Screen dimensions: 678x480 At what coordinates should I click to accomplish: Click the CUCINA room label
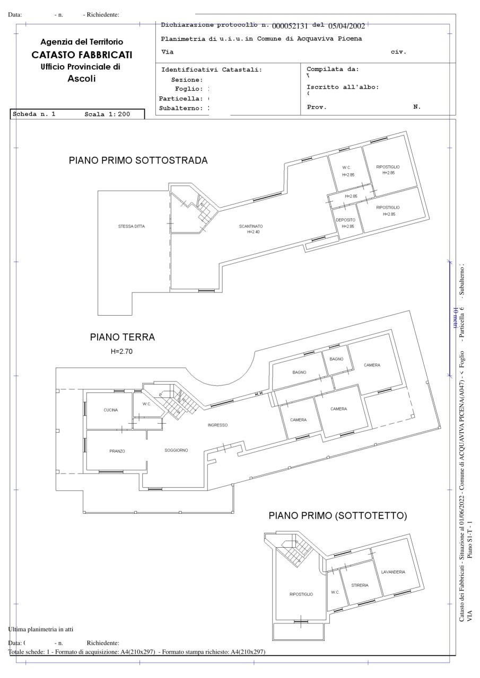111,410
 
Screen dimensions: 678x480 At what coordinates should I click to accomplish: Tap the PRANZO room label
117,451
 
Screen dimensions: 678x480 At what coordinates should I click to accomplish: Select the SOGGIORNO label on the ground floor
176,450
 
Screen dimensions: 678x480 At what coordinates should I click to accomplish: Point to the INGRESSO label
217,425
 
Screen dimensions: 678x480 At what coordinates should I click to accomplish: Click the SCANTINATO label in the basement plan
251,226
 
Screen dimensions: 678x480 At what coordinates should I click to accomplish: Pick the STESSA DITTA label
132,226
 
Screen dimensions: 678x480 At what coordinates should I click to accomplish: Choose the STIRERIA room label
360,585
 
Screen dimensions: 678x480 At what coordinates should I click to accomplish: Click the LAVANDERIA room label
393,572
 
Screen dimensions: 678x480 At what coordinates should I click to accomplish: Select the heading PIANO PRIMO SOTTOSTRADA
138,160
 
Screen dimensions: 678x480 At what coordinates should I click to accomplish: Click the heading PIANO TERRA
123,337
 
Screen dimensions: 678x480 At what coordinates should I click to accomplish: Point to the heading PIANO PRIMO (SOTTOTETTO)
338,515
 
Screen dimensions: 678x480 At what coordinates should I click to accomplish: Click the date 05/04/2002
346,25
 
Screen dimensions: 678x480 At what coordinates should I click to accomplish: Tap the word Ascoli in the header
82,79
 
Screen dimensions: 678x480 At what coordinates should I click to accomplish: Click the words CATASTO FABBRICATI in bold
82,55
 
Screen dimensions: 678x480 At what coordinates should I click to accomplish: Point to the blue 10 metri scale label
455,318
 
